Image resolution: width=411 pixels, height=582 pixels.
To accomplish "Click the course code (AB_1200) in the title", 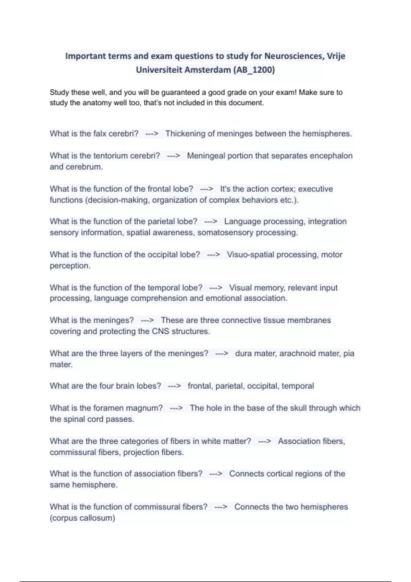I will pyautogui.click(x=254, y=70).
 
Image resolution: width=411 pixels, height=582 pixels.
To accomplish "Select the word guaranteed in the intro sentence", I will pyautogui.click(x=183, y=92).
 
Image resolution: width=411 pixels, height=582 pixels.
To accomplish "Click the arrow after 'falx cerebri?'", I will pyautogui.click(x=152, y=134).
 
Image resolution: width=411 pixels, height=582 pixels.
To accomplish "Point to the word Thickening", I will pyautogui.click(x=185, y=134).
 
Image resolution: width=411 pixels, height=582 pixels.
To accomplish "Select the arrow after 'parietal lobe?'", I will pyautogui.click(x=211, y=222).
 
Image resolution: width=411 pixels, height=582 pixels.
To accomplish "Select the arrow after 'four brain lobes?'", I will pyautogui.click(x=174, y=386).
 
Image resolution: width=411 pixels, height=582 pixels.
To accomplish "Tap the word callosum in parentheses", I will pyautogui.click(x=99, y=518).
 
